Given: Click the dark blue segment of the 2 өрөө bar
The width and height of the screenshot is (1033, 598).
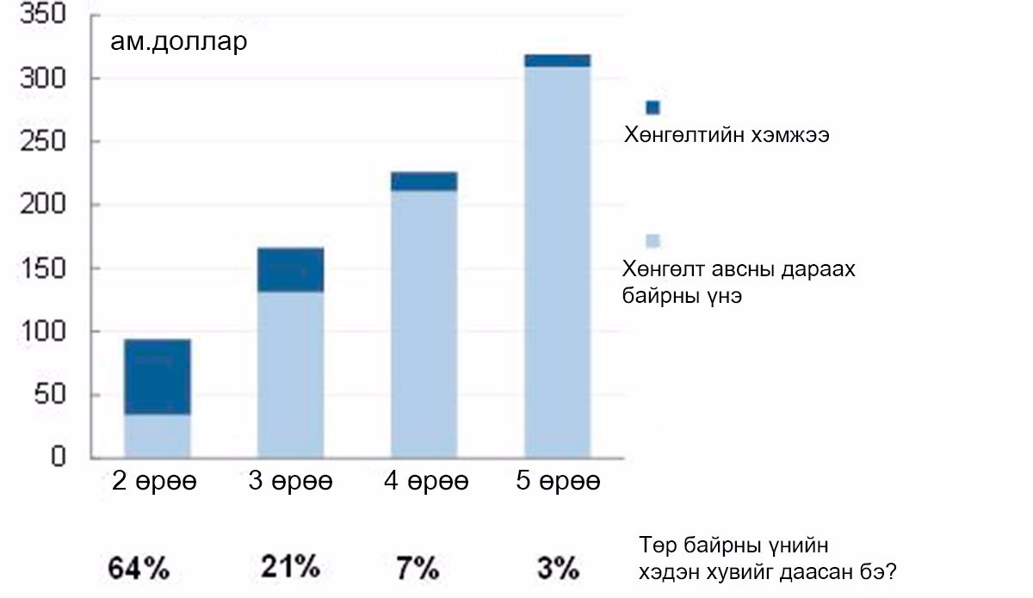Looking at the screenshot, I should coord(158,377).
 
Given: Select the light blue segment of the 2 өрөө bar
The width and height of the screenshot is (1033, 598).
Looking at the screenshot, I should coord(158,435).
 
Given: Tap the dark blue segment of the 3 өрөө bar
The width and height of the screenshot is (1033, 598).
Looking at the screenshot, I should coord(291,270).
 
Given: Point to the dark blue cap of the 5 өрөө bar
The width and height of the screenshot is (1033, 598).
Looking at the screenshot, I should coord(557,60).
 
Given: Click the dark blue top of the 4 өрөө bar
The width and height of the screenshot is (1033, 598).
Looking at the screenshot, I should coord(424,181).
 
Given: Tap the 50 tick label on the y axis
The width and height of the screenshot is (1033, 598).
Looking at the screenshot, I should coord(61,396).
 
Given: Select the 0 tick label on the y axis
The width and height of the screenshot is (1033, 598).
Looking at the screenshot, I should coord(70,458).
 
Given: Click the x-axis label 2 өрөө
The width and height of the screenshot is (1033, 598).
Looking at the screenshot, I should coord(155,482).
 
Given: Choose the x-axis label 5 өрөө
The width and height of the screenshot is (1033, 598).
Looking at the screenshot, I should coord(557,482).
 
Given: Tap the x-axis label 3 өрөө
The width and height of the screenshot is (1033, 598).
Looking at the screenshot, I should coord(290,482).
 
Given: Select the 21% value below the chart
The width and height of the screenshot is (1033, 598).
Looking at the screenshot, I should coord(290,567).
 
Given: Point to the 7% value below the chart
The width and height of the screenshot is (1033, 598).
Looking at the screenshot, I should coord(417,568).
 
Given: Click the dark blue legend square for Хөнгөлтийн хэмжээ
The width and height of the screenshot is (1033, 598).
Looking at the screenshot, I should coord(653,108).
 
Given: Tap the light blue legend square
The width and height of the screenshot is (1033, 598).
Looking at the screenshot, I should coord(653,240).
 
